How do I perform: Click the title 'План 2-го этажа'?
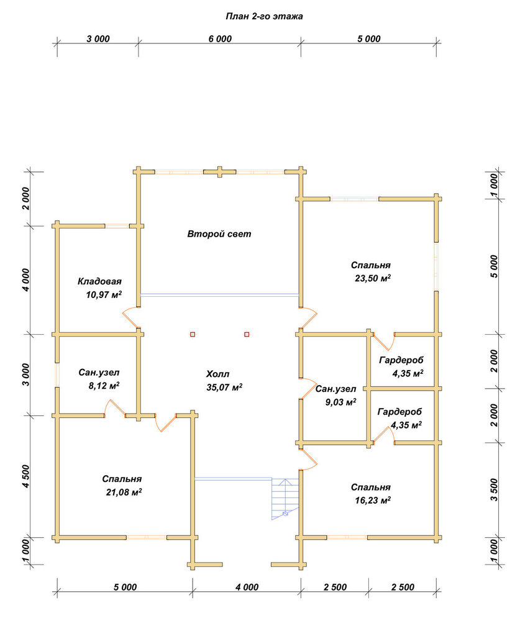264,16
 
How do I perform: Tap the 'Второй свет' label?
219,233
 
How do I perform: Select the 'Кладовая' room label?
99,281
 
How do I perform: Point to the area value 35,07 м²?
224,387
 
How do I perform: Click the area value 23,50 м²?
373,278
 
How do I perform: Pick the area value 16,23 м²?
373,500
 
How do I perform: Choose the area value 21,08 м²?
124,492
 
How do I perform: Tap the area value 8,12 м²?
104,386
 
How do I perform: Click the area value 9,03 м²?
340,402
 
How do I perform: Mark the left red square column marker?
193,334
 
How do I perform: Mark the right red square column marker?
247,334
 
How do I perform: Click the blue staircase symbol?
284,499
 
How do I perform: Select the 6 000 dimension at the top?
220,39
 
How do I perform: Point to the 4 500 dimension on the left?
25,476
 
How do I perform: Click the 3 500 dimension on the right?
494,489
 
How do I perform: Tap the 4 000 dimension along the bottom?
247,587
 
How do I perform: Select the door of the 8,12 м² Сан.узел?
115,408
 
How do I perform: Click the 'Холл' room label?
217,374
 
